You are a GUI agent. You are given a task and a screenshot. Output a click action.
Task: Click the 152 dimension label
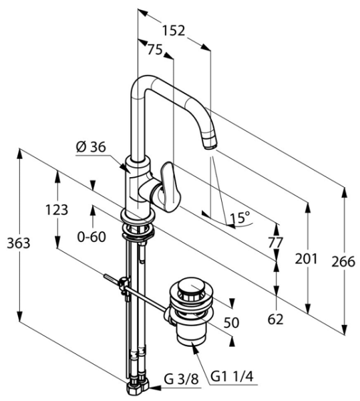pos(174,31)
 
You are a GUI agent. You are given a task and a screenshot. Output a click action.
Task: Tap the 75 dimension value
pos(155,49)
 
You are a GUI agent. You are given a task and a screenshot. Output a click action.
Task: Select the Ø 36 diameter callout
pos(91,147)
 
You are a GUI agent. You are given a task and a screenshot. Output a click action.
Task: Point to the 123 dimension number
pos(57,210)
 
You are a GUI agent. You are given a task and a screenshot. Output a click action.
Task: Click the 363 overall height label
pos(19,243)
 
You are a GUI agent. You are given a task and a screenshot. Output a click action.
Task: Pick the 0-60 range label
pos(92,237)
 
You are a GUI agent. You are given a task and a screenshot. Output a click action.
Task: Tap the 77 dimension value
pos(276,242)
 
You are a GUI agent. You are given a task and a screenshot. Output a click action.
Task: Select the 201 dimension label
pos(306,259)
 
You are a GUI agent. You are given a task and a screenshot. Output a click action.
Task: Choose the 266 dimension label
pos(343,261)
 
